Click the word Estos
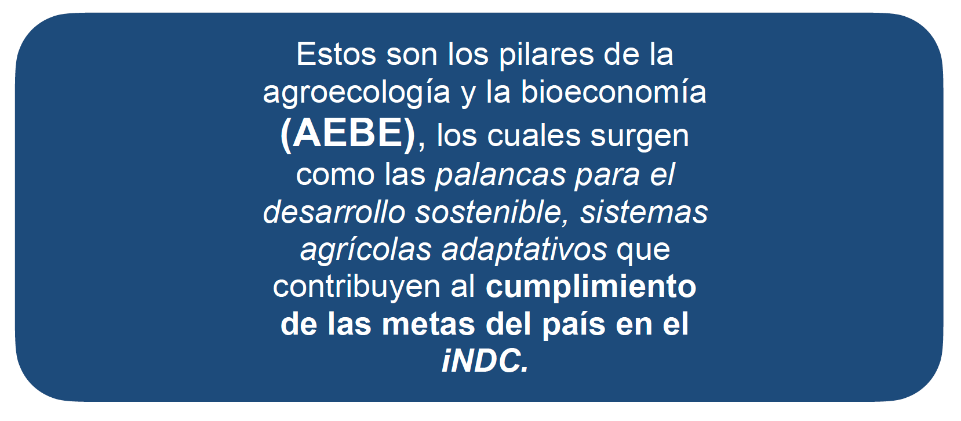pos(336,55)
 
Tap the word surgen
pos(639,138)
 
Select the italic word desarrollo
pos(334,212)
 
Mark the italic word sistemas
pos(643,212)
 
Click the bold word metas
pos(428,324)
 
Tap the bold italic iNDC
pos(485,361)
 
